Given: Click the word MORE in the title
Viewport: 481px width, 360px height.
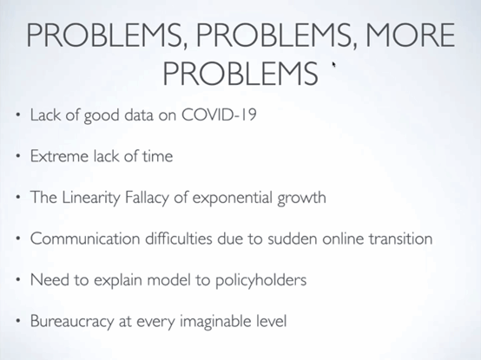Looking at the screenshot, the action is pos(410,36).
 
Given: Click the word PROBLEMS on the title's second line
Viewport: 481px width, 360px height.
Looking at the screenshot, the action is pos(240,74).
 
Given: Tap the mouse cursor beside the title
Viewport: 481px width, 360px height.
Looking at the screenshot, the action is pos(333,64).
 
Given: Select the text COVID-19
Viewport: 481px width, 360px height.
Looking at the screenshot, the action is pos(219,115).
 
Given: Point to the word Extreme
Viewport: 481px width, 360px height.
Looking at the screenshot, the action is pos(59,156).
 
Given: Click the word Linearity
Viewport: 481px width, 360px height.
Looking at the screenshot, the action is pos(91,198).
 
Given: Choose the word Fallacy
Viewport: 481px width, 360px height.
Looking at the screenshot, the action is pos(147,198).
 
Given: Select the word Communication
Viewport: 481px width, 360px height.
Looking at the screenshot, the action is pos(85,239).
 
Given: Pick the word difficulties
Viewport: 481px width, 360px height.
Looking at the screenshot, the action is pos(179,239).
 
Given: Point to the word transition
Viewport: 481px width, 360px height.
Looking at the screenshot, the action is pos(400,239).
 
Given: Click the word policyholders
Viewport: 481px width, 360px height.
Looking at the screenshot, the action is pos(260,280).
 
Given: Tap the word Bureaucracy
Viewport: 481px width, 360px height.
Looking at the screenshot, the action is pos(72,321).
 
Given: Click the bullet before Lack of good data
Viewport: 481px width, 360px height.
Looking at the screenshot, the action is pos(18,115).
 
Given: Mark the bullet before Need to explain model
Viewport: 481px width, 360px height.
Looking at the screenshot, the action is pos(18,280).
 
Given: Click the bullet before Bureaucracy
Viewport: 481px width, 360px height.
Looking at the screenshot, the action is pos(18,321).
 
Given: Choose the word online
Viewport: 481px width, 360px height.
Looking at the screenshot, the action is pos(343,239).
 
